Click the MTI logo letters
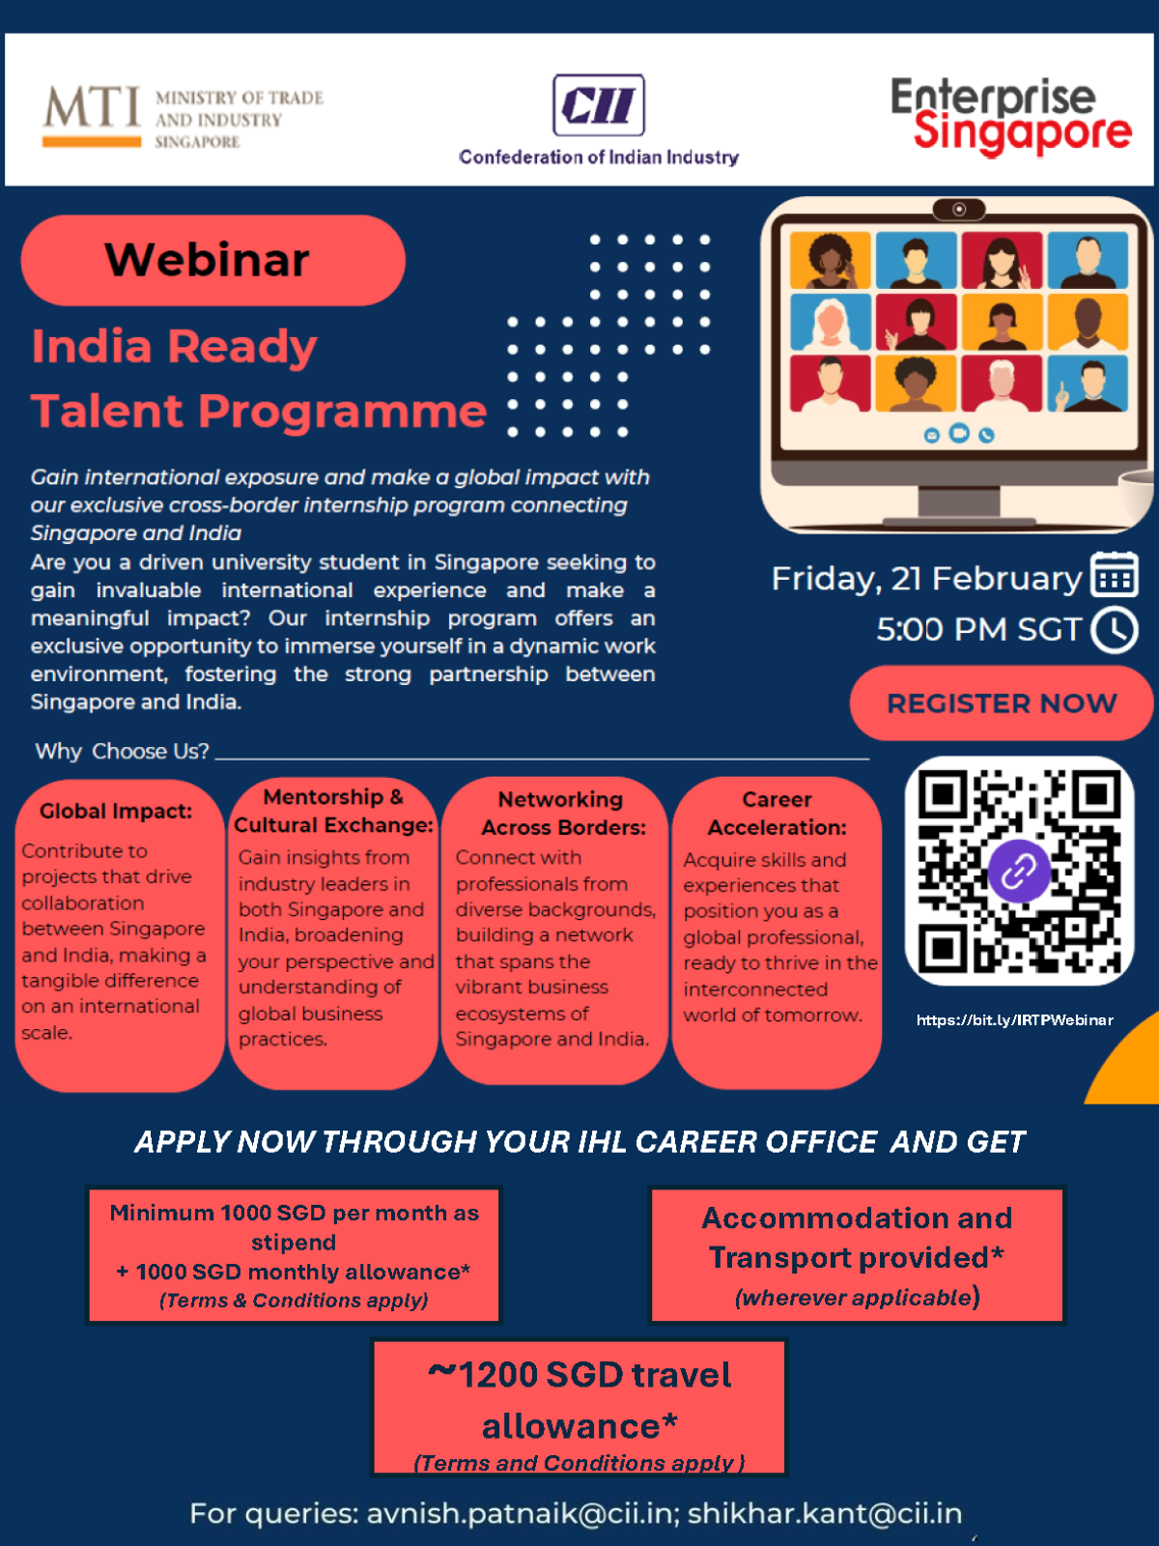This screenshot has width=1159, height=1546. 92,108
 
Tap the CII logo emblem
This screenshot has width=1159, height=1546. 598,105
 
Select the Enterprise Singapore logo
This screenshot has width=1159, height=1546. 1009,116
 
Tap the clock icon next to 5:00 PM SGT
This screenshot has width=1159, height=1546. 1115,630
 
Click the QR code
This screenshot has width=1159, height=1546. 1019,870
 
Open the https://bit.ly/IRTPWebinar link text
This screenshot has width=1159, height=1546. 1014,1020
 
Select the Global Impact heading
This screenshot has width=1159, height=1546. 116,812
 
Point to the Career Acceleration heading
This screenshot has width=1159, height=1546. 777,814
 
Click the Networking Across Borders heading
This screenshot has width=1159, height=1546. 562,814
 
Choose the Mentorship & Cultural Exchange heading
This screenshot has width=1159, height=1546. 333,811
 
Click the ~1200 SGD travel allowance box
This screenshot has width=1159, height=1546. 579,1407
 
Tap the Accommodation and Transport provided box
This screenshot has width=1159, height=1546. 858,1254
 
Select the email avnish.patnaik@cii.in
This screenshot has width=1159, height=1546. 520,1513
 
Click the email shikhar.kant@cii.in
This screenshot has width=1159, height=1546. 825,1513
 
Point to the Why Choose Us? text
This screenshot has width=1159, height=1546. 122,752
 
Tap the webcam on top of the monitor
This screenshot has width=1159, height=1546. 958,210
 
